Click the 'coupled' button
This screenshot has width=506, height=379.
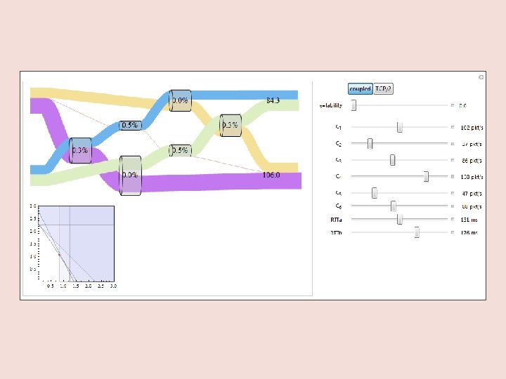[x=360, y=89]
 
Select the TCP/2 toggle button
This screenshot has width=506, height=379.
[x=384, y=89]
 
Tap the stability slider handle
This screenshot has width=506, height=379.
[x=353, y=105]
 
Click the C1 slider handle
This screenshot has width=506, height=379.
[x=399, y=127]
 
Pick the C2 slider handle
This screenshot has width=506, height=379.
[x=370, y=143]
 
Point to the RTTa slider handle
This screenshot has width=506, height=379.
[x=399, y=219]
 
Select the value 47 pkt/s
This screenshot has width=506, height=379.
[x=471, y=193]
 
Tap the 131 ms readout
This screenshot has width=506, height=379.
[x=469, y=219]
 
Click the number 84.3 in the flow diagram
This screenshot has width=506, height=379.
[x=273, y=100]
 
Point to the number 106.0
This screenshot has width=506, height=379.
[x=271, y=175]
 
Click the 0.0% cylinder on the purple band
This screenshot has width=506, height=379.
[x=130, y=175]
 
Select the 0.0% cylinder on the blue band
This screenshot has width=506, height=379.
[x=181, y=100]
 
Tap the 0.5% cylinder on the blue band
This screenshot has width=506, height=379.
[x=130, y=125]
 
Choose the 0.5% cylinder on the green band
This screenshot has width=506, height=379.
[x=181, y=150]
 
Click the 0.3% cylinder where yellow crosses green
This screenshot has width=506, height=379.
[x=231, y=125]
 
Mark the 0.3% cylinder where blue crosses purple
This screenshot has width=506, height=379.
[x=80, y=150]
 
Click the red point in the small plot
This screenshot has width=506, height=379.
[x=59, y=255]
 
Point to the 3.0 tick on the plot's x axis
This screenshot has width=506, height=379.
[x=113, y=286]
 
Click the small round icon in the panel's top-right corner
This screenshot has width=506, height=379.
[x=480, y=77]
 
